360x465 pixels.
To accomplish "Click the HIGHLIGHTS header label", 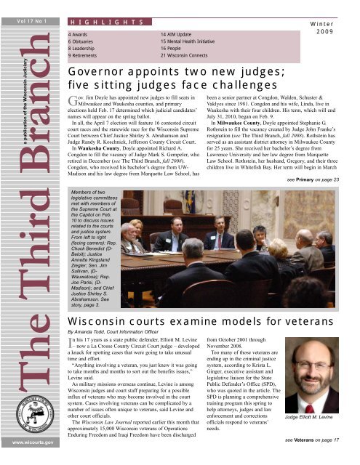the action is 97,24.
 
